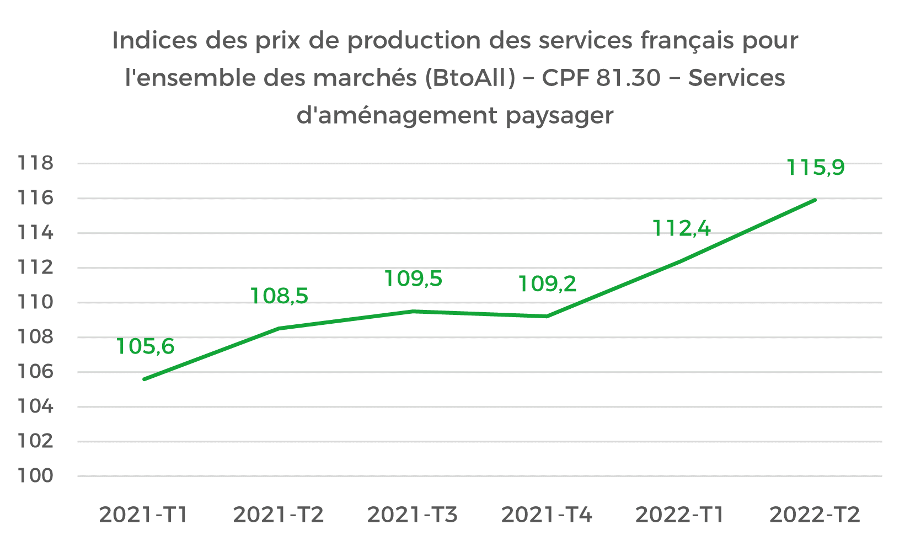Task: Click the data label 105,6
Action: click(145, 347)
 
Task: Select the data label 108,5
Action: click(279, 296)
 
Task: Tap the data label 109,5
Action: click(413, 279)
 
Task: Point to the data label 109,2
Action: click(547, 284)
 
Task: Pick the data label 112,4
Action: click(682, 228)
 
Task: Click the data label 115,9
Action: click(815, 168)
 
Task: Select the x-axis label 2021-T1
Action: click(144, 515)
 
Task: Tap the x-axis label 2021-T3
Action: click(413, 515)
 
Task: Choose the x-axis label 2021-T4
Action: click(547, 515)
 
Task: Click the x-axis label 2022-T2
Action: click(815, 515)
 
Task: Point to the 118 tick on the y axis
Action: click(36, 163)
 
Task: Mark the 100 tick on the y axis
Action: click(36, 476)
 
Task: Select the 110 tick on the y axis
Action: click(36, 302)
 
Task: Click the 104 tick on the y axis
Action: click(36, 406)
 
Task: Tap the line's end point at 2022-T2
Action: click(815, 200)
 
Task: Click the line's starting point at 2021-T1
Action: click(144, 379)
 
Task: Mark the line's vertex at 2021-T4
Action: click(547, 316)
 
